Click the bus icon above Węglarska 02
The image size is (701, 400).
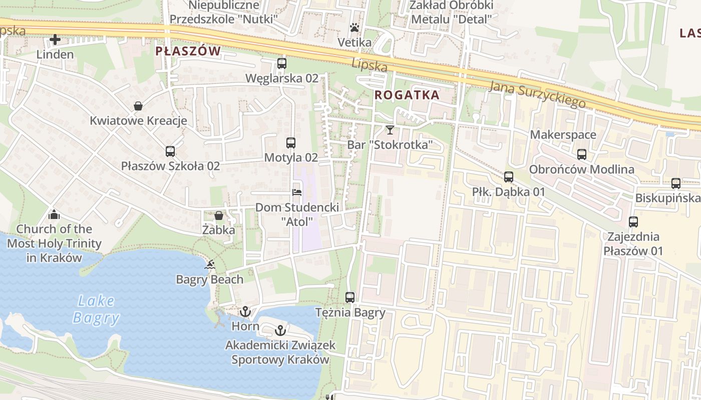pos(281,63)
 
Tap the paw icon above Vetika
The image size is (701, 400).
pos(355,27)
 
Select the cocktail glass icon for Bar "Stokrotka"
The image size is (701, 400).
pos(390,130)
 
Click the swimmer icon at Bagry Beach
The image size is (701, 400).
pos(210,264)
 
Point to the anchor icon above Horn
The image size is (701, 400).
pos(245,312)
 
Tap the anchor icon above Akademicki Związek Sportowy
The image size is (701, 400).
pos(280,330)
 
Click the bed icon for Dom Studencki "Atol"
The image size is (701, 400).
pos(297,192)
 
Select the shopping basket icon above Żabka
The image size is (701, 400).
pos(219,215)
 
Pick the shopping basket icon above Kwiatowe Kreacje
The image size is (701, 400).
pos(138,106)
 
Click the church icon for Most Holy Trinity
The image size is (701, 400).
pos(54,214)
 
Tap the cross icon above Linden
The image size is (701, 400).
pos(55,39)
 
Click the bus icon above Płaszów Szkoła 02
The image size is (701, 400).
pos(170,151)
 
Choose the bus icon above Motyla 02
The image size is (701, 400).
pos(291,142)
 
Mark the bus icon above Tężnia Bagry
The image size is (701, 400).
pos(350,297)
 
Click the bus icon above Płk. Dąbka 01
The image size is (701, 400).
pos(509,177)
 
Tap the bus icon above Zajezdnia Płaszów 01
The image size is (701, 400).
pos(633,221)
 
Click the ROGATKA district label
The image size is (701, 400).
pos(407,95)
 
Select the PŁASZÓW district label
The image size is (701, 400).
pos(188,51)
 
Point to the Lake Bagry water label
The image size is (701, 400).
pos(96,309)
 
